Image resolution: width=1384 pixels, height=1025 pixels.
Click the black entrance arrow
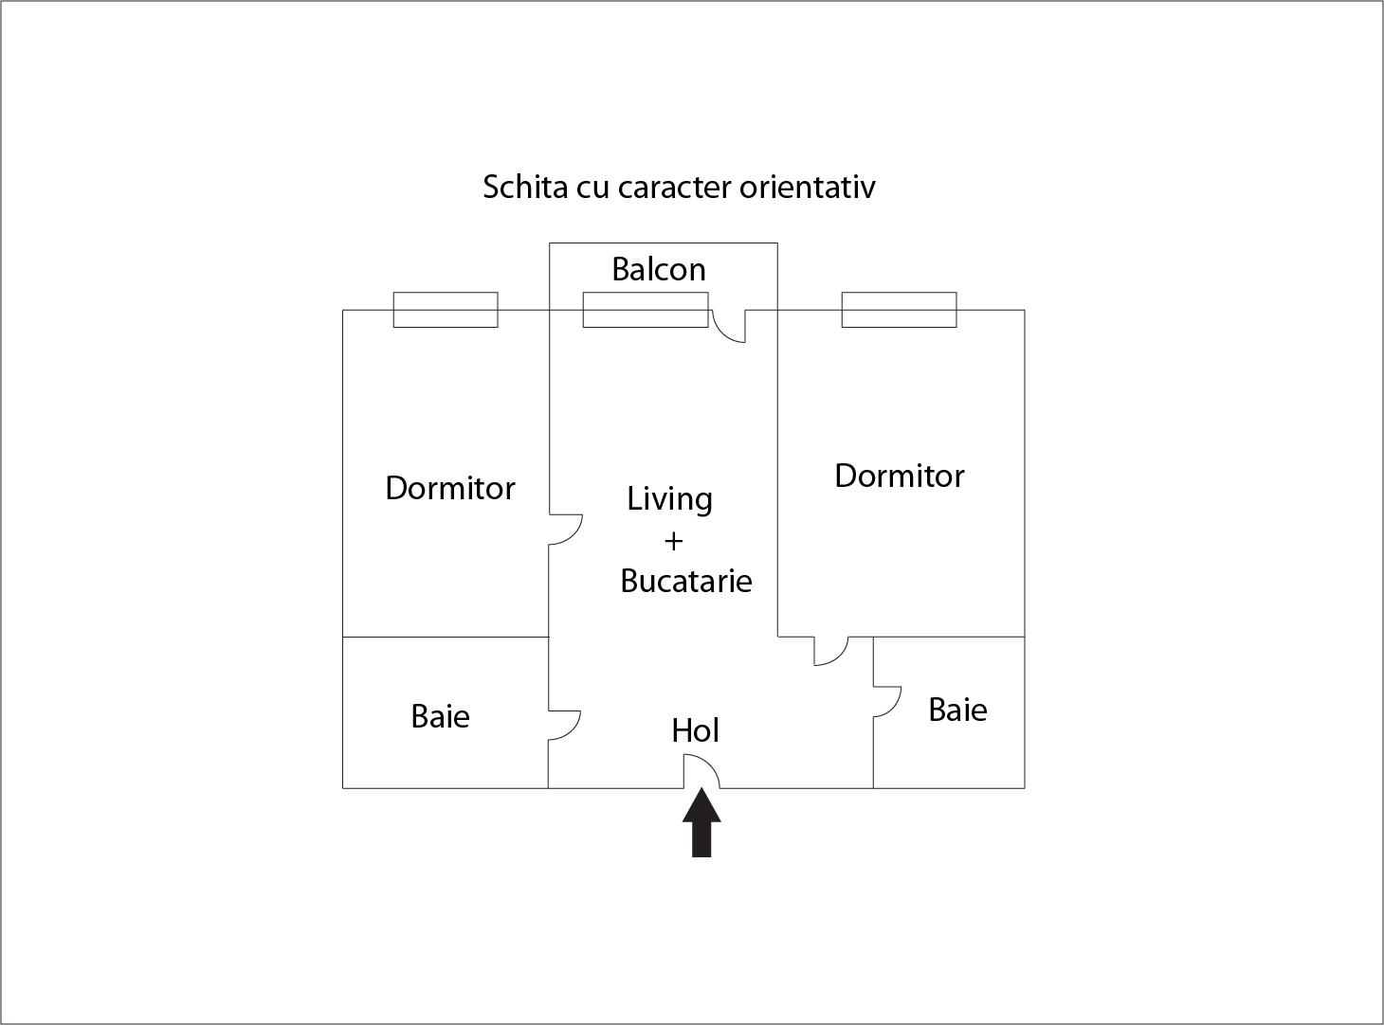coord(701,822)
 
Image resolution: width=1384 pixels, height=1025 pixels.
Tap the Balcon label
coord(658,269)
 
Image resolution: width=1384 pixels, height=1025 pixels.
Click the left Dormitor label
coord(450,488)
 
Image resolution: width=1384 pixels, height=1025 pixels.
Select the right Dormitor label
coord(900,476)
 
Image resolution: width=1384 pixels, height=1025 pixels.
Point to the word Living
coord(669,499)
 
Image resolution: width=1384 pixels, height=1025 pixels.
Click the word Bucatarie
coord(685,581)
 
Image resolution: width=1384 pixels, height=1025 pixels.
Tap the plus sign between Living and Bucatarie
coord(673,541)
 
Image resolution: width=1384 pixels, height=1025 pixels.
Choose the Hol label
coord(695,730)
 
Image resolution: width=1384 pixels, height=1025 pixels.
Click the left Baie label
coord(440,716)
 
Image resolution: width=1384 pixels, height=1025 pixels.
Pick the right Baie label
coord(957,710)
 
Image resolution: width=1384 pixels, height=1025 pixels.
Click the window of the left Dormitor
coord(446,310)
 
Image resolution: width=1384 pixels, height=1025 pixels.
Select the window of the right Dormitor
coord(900,310)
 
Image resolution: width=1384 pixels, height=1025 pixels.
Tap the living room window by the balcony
coord(646,310)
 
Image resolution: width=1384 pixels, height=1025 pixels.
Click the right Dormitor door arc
coord(839,656)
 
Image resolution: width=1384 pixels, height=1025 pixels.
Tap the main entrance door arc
coord(710,764)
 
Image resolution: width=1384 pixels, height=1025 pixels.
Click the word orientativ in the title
coord(807,187)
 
